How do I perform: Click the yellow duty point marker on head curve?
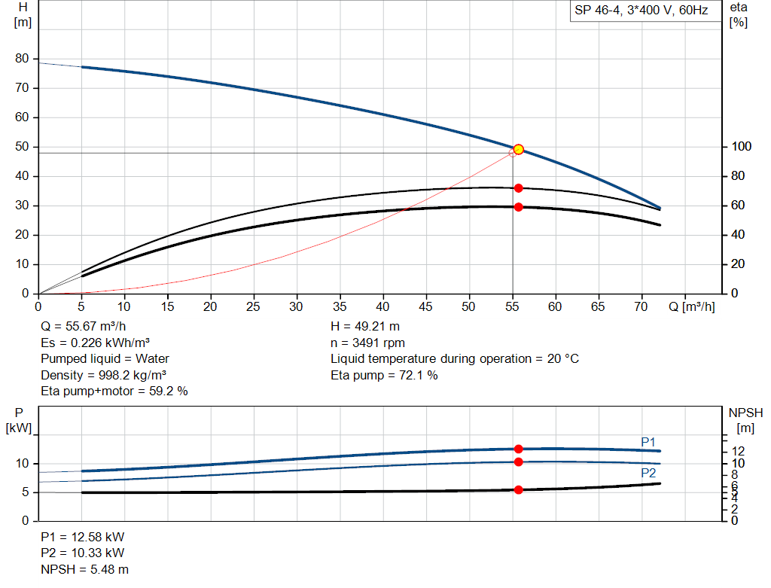518,149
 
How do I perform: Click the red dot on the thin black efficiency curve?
518,187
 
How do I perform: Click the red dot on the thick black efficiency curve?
518,207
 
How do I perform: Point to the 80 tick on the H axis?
22,59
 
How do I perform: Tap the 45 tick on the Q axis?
426,306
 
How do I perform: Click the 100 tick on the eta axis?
739,147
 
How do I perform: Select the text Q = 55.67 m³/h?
83,327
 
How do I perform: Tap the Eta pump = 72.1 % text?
384,375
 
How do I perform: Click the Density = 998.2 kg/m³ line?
104,375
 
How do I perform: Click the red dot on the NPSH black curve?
518,489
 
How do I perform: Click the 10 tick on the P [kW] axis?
22,464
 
